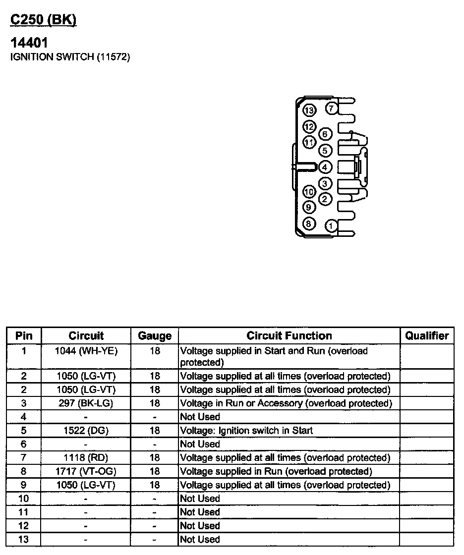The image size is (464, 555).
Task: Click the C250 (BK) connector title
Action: coord(44,20)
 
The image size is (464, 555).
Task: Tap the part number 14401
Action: coord(29,43)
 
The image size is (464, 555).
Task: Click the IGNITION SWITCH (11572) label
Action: coord(70,57)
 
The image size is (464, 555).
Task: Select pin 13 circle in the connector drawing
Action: coord(310,110)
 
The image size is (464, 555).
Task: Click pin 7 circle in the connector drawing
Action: coord(332,108)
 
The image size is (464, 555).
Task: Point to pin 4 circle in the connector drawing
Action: coord(326,167)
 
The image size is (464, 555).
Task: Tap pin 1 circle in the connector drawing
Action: coord(332,226)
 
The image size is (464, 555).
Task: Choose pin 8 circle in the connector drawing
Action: coord(309,224)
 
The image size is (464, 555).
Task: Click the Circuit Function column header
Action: coord(289,335)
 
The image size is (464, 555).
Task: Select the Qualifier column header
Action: coord(427,335)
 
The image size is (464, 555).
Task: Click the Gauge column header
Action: coord(155,335)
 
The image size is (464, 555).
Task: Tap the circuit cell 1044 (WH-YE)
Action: coord(86,351)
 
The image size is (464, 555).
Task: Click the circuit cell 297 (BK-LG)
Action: coord(86,403)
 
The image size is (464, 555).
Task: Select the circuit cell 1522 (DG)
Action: coord(86,431)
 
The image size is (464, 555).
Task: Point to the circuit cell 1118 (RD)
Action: coord(86,458)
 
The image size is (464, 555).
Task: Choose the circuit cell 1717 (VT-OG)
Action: coord(86,471)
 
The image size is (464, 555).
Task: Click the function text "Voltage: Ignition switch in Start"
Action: coord(246,431)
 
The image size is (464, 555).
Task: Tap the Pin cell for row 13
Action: coord(23,539)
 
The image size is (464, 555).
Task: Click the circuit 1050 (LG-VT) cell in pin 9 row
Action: coord(86,485)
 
